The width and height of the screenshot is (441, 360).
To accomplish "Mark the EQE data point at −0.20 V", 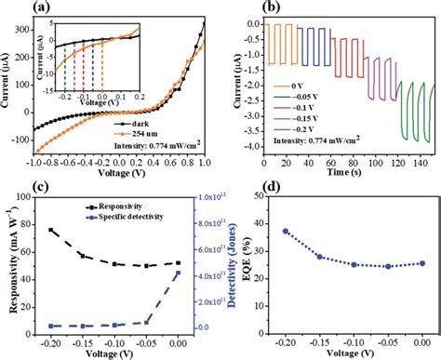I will point(286,232).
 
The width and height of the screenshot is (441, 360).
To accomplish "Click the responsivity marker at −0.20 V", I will point(51,230).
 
